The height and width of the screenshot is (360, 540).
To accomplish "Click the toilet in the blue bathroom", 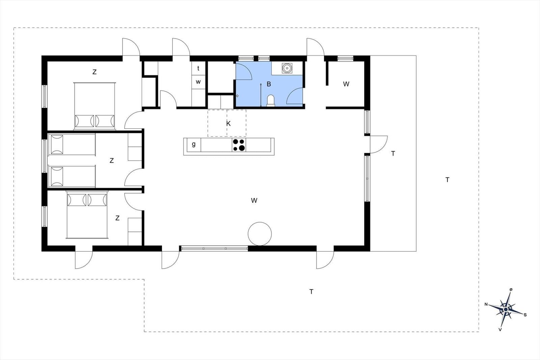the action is click(271, 101).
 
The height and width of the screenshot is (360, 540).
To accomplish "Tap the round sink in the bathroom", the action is click(287, 68).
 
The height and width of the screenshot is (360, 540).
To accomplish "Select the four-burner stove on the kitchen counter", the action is click(239, 145).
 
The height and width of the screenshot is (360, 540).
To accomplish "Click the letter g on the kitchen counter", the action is click(194, 144).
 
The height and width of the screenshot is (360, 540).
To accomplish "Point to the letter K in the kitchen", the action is click(228, 123).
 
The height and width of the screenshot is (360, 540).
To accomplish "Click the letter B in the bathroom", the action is click(269, 84).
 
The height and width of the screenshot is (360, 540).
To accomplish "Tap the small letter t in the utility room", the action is click(198, 68).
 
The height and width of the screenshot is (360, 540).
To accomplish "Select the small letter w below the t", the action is click(198, 82).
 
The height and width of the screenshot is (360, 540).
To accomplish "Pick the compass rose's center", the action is click(506, 309).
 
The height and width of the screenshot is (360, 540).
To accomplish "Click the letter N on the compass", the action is click(486, 304).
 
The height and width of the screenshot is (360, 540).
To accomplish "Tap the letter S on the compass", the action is click(525, 315).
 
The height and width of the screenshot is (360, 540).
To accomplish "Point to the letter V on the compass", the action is click(500, 329).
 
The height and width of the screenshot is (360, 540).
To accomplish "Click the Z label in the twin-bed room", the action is click(112, 161).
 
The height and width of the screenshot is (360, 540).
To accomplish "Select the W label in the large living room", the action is click(254, 200).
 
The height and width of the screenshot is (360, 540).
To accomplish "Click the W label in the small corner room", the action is click(346, 84).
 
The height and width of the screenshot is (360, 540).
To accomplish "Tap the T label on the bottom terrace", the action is click(311, 292).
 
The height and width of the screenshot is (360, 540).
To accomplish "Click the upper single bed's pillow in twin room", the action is click(57, 144).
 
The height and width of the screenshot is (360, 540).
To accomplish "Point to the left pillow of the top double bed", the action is click(84, 121).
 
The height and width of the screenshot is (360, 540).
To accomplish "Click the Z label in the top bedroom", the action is click(94, 72).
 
